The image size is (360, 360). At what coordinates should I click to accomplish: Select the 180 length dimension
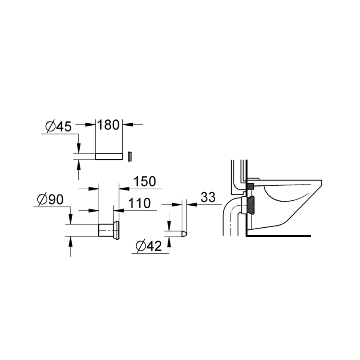point(109,125)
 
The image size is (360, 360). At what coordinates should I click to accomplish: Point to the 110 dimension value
point(139,203)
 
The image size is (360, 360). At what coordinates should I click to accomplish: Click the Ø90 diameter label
point(50,200)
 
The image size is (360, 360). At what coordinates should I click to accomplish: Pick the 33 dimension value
point(208,197)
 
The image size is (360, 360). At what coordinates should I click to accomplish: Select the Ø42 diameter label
point(148,246)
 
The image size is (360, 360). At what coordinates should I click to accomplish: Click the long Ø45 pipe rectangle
point(109,156)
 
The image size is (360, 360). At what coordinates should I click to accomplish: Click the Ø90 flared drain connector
point(109,229)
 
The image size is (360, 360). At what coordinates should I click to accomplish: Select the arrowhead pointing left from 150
point(121,187)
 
